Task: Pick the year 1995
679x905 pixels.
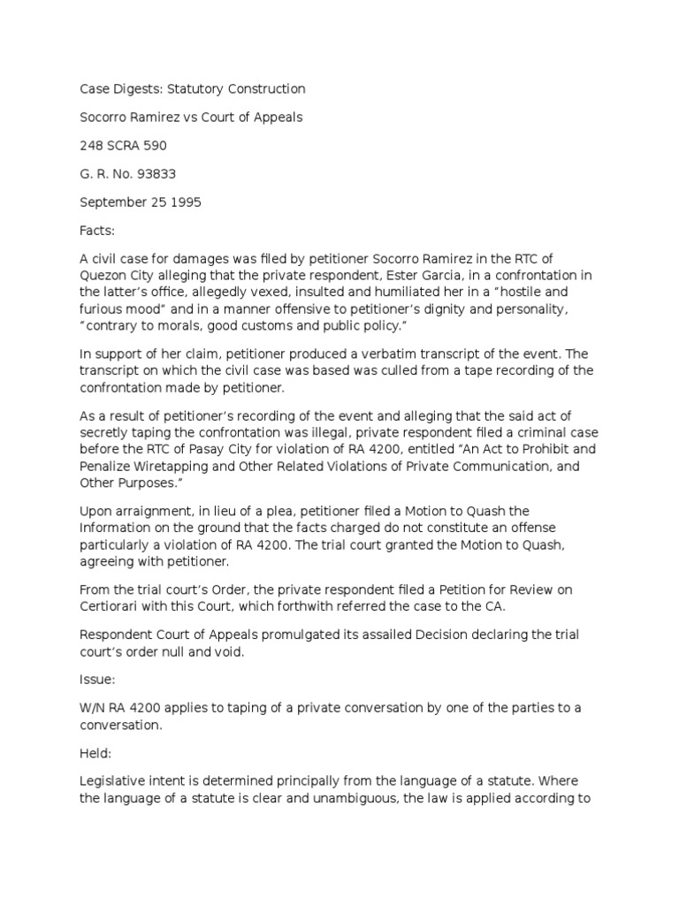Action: coord(184,202)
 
